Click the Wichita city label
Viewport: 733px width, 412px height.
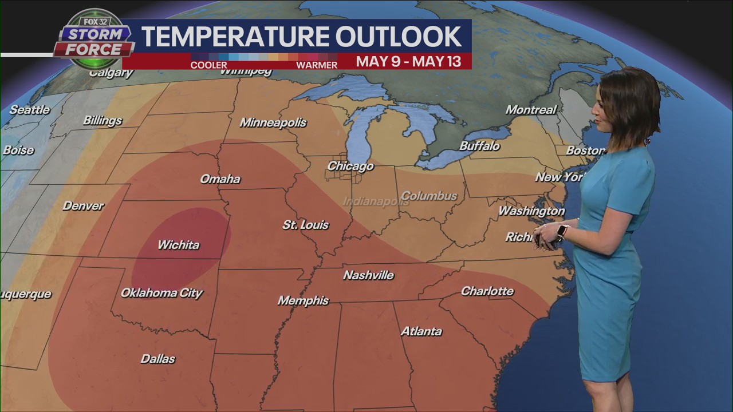[x=179, y=245]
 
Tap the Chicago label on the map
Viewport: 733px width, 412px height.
[x=350, y=167]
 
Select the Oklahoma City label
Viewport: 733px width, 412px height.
[x=161, y=293]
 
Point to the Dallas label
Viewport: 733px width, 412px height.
[x=157, y=359]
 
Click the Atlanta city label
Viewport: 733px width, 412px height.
[x=421, y=331]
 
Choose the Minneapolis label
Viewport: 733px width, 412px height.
[x=273, y=122]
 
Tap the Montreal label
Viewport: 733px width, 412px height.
[x=531, y=110]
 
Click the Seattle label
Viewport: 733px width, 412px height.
[x=30, y=110]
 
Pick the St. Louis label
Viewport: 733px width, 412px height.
[x=305, y=225]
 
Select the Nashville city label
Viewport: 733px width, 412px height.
[x=368, y=275]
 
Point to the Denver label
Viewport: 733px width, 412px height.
[x=83, y=206]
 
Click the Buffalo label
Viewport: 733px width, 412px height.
[x=479, y=146]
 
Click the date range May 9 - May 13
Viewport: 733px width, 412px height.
[x=408, y=62]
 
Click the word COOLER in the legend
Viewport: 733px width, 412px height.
[x=208, y=65]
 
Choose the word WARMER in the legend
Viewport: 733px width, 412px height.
[x=316, y=65]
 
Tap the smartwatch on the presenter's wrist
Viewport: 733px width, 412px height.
[x=562, y=231]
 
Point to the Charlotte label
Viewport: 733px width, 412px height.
[x=487, y=291]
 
